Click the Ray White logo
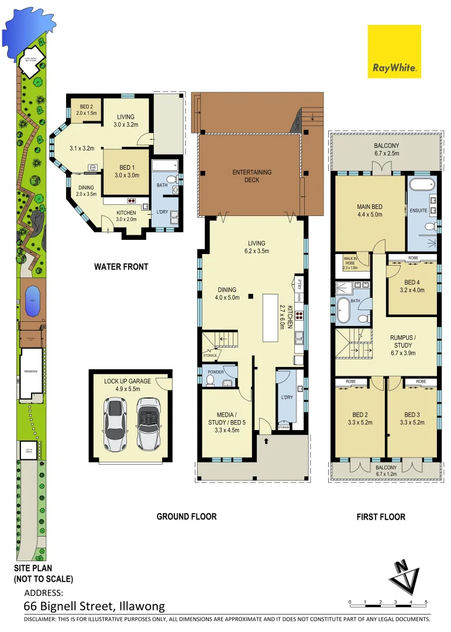[394, 51]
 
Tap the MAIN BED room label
[370, 211]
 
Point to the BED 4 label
[412, 286]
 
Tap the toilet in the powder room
[210, 380]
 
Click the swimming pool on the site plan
[30, 294]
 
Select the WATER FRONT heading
[121, 267]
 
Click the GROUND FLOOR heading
[186, 516]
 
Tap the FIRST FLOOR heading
[381, 517]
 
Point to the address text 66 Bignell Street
[94, 606]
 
